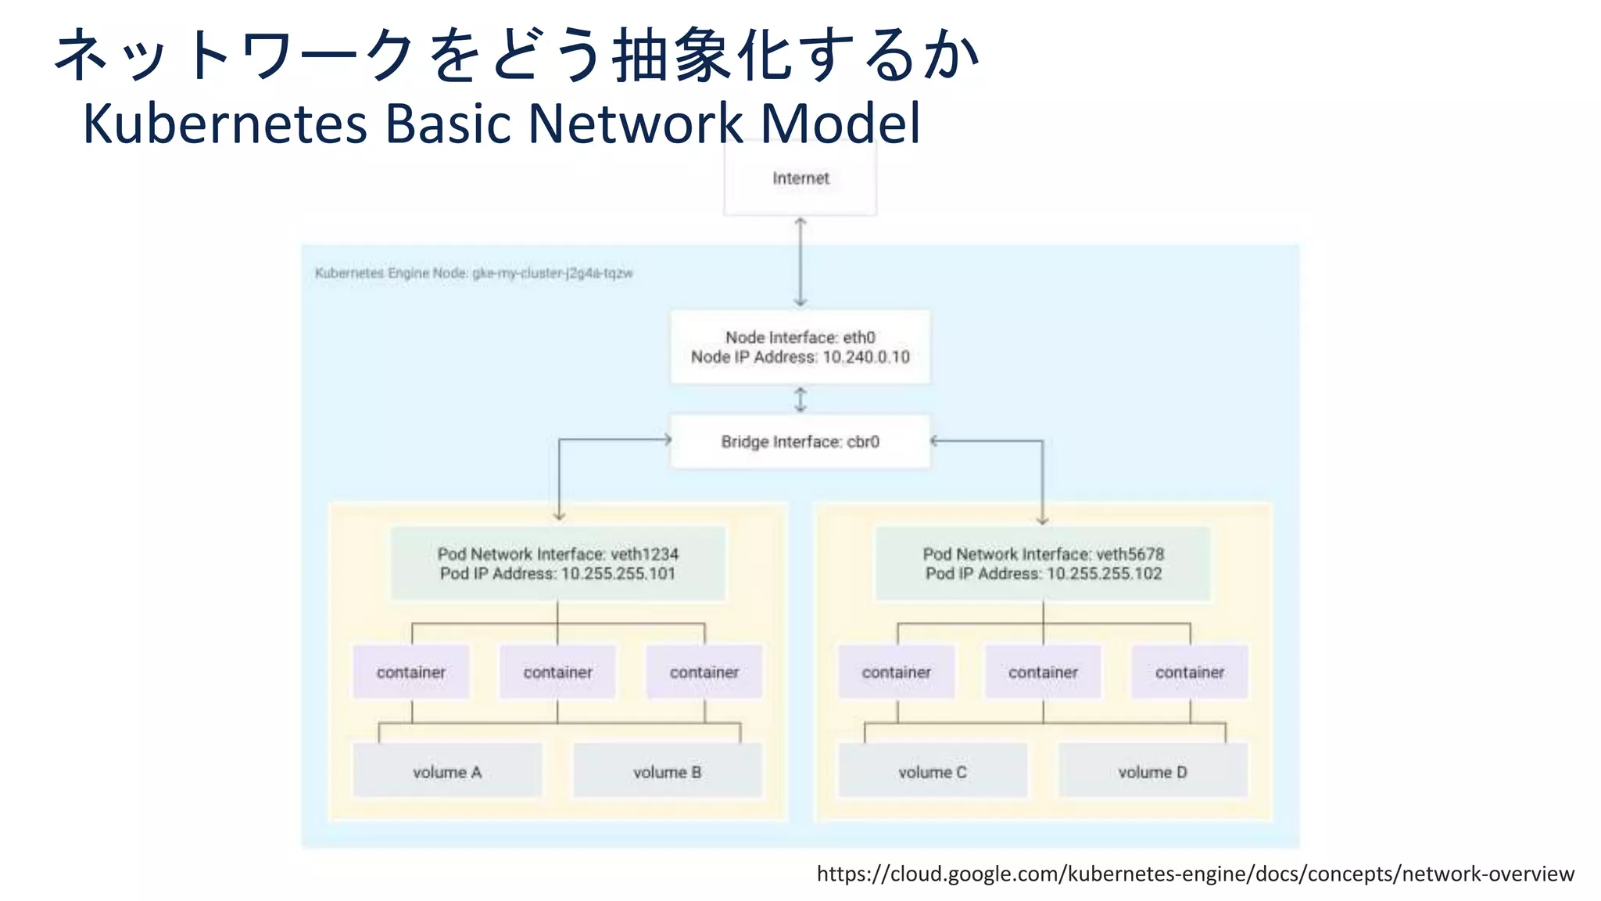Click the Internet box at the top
[800, 178]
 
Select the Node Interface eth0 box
[800, 346]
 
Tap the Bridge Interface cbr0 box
[800, 442]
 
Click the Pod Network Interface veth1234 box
[557, 563]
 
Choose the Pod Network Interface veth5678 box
[1043, 563]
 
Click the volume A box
[447, 771]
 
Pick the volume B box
[667, 771]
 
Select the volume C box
[933, 771]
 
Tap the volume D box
[1152, 771]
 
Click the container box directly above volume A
[411, 672]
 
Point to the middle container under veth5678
[1043, 672]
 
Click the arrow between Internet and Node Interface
[800, 262]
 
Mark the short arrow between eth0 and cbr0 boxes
[800, 400]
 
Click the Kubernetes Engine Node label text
[474, 273]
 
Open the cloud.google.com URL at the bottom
[1195, 873]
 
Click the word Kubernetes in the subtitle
[225, 124]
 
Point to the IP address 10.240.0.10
[866, 357]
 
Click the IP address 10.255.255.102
[1104, 573]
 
